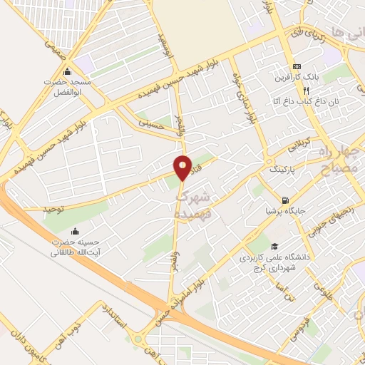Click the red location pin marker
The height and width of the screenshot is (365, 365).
(183, 168)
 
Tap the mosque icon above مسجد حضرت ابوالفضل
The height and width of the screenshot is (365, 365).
(68, 71)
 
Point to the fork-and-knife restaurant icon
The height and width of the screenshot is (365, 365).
(306, 91)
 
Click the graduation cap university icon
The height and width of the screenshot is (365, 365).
(275, 246)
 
